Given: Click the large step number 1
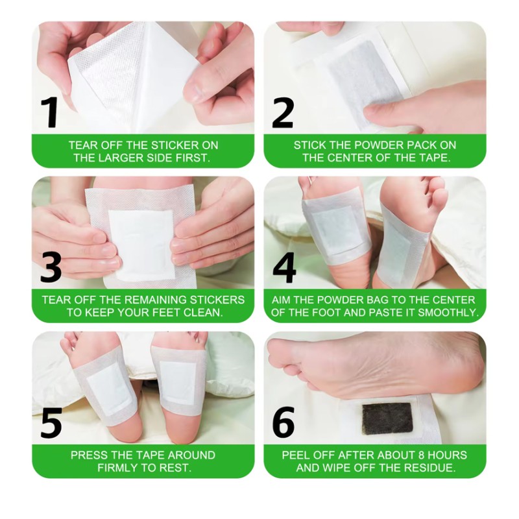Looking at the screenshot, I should pos(49,112).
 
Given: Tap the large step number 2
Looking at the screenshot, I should pos(283,112).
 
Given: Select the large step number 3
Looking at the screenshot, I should pos(51,267).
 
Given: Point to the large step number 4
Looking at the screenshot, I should pos(284,267).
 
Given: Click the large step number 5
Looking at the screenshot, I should pos(51,422).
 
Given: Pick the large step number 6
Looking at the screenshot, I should pos(284,422).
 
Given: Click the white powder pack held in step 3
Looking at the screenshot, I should pos(141,244).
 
